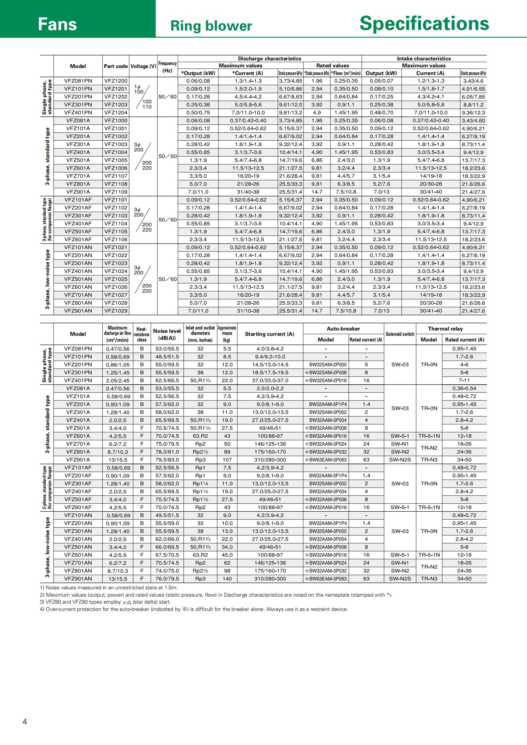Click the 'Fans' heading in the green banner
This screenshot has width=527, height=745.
(57, 24)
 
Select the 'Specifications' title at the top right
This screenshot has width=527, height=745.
(424, 24)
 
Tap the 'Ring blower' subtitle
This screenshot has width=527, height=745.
(211, 26)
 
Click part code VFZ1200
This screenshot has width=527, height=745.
(116, 81)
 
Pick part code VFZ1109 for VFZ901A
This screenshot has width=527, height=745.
(116, 192)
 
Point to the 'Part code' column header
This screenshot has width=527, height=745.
(116, 66)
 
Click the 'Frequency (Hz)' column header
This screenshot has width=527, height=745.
(167, 67)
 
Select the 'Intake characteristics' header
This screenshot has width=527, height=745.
(424, 58)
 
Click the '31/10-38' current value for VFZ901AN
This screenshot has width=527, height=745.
(248, 311)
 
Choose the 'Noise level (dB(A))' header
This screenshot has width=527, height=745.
(167, 334)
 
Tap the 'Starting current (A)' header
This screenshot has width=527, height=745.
(269, 334)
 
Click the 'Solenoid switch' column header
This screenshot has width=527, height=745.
(400, 334)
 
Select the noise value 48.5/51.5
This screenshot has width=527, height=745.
(167, 357)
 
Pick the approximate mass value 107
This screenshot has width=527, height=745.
(227, 460)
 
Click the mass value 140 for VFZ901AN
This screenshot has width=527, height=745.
(227, 579)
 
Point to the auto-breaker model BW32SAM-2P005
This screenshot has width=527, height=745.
(325, 365)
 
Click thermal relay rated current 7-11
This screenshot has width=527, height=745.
(464, 381)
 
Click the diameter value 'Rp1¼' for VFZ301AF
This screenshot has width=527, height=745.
(200, 484)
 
